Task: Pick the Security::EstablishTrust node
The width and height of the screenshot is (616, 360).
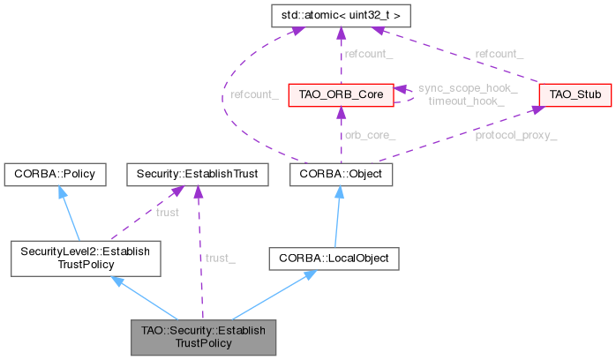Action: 197,174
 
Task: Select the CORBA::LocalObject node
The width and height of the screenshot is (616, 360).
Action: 334,258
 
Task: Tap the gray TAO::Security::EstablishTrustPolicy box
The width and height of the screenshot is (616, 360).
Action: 202,335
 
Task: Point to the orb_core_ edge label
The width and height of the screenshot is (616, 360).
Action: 370,136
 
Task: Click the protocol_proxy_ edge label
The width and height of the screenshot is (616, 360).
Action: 515,136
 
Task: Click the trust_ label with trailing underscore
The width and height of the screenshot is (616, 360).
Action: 221,258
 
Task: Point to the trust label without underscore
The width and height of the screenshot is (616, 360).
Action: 168,212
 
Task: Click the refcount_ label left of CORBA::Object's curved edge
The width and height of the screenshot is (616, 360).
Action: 254,94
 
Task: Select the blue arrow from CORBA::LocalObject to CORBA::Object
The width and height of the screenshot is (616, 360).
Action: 338,216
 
